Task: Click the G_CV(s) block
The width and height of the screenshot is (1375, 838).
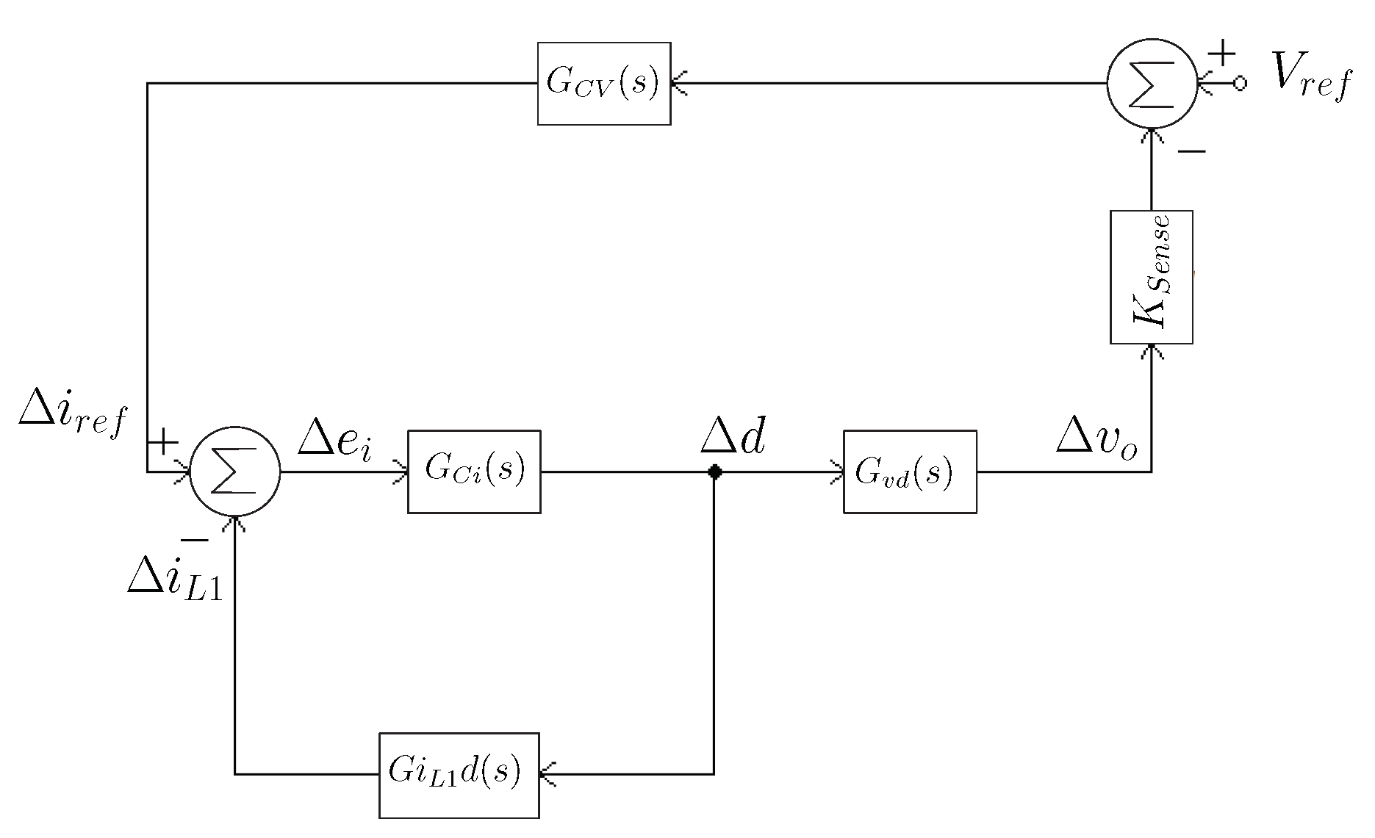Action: [603, 84]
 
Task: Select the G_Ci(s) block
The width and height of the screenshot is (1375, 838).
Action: [474, 472]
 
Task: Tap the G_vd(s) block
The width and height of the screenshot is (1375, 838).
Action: [910, 472]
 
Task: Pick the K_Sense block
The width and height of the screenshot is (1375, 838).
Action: [1151, 277]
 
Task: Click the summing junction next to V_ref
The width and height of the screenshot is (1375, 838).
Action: [1152, 84]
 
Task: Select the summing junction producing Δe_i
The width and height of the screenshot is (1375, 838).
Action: [235, 472]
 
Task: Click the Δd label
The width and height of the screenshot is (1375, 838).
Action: [733, 439]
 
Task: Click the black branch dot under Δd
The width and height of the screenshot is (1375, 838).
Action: [714, 472]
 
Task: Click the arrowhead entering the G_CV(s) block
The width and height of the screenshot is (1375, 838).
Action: [679, 84]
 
